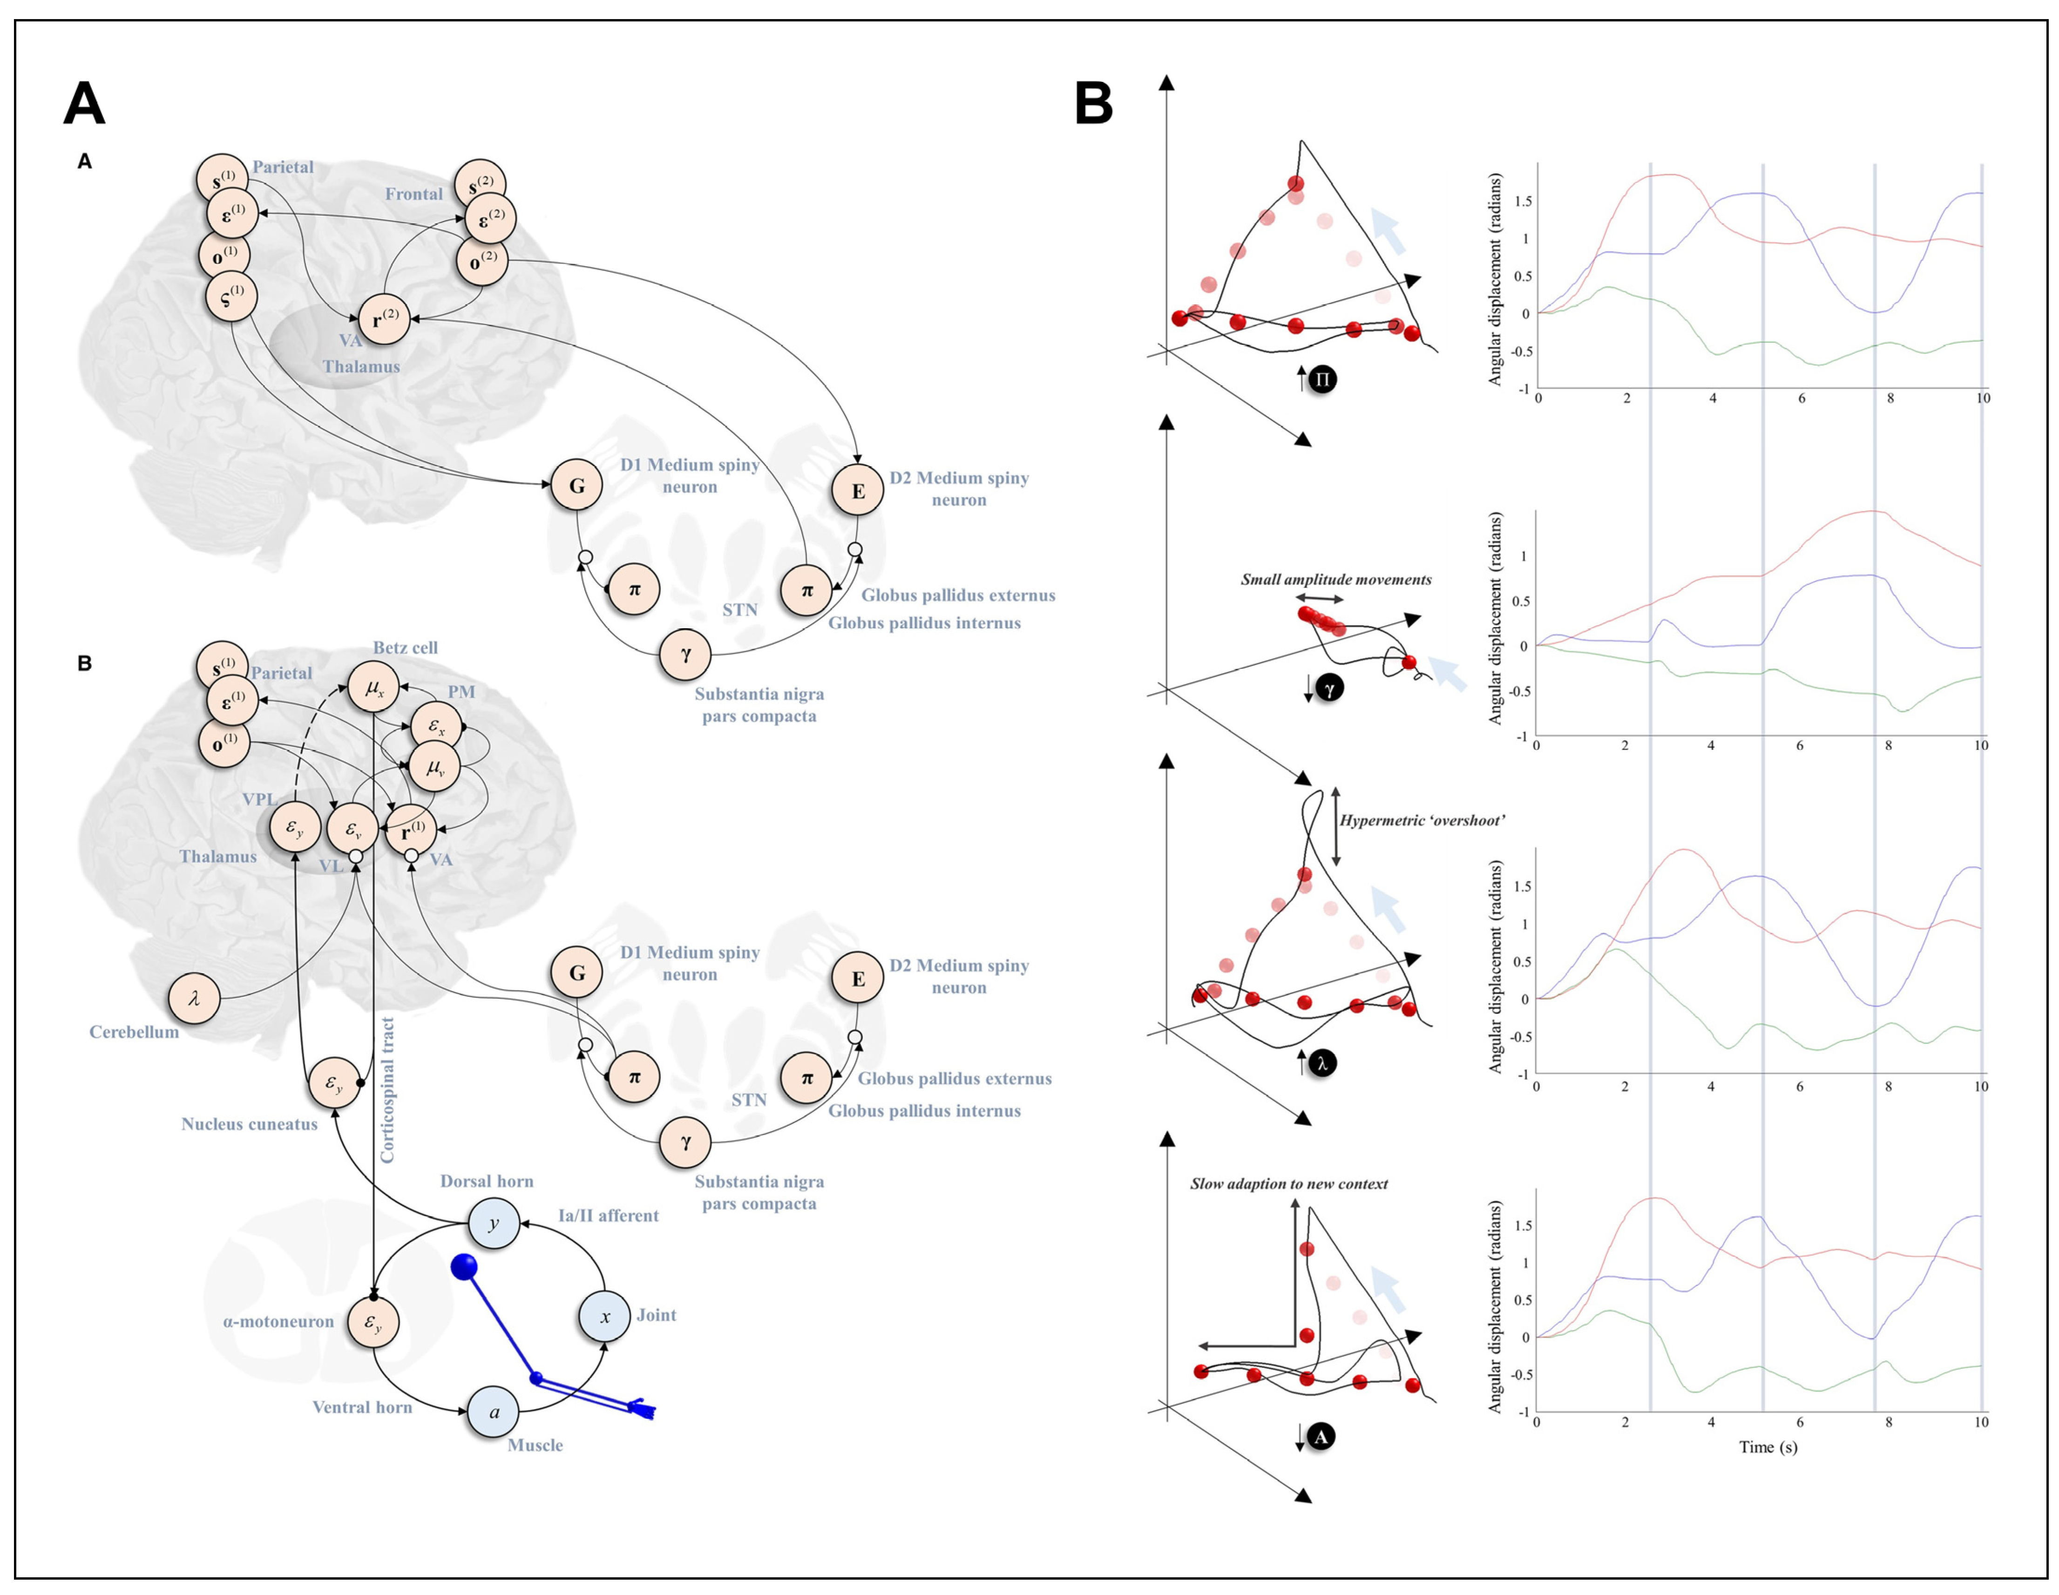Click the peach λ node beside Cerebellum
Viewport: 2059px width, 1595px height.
(x=194, y=998)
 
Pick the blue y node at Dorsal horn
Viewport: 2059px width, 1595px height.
(x=494, y=1223)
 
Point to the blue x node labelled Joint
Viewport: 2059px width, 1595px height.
(x=604, y=1317)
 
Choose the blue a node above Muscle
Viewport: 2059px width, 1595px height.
(x=494, y=1412)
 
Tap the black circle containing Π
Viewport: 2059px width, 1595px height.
(x=1323, y=380)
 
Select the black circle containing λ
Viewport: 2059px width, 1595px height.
(x=1322, y=1063)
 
